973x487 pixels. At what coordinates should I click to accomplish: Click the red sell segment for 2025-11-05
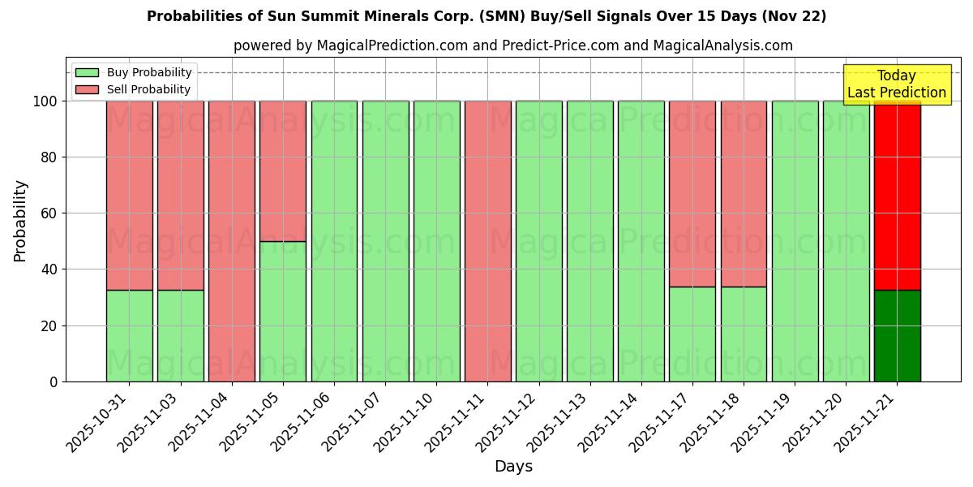click(x=283, y=170)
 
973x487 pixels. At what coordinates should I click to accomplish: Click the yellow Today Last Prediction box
click(x=897, y=84)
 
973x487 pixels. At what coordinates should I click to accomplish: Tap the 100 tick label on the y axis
click(x=44, y=101)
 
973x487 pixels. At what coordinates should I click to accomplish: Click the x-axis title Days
click(x=513, y=467)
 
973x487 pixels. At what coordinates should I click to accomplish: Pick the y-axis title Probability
click(x=20, y=221)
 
